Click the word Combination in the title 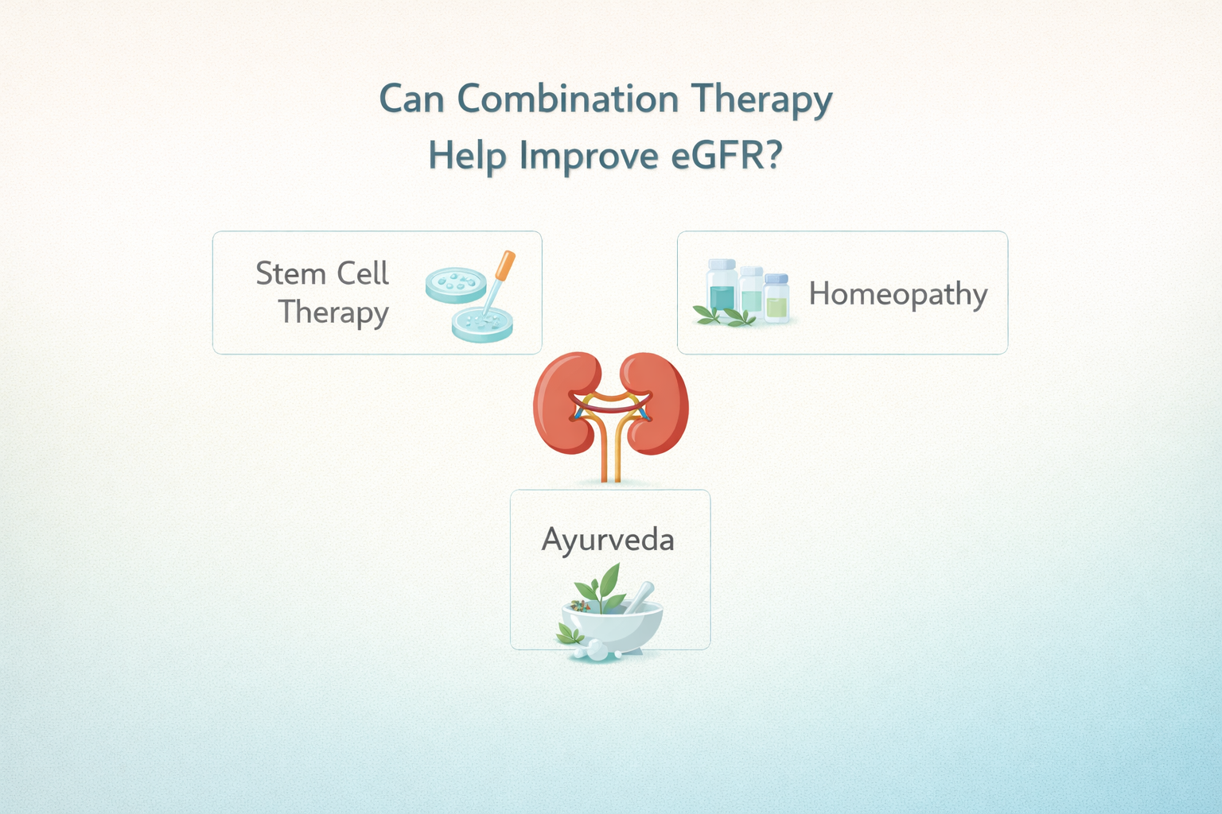pyautogui.click(x=568, y=99)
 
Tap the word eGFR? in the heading pyautogui.click(x=726, y=155)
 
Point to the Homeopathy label pyautogui.click(x=898, y=294)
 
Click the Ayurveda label pyautogui.click(x=608, y=540)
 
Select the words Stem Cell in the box pyautogui.click(x=322, y=273)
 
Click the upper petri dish pyautogui.click(x=455, y=284)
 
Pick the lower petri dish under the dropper pyautogui.click(x=482, y=324)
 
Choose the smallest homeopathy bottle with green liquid pyautogui.click(x=776, y=298)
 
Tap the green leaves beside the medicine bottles pyautogui.click(x=725, y=316)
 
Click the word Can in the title pyautogui.click(x=411, y=99)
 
